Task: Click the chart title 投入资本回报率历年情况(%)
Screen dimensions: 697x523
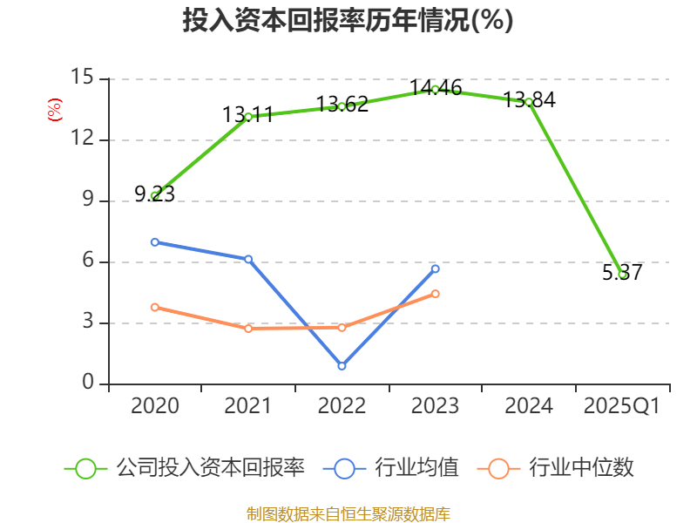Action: (348, 20)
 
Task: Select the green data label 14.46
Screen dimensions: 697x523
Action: (436, 88)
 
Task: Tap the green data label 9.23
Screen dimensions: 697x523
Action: (155, 194)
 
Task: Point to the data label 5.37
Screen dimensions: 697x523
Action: (622, 272)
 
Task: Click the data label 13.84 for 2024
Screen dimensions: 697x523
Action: (529, 99)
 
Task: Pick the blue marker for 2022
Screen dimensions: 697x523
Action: (342, 366)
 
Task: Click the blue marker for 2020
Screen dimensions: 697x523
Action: (155, 242)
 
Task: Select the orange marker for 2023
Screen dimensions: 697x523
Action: (435, 294)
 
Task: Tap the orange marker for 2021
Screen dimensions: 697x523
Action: (248, 329)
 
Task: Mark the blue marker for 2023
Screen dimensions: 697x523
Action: (435, 269)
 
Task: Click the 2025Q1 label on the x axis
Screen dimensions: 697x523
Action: (622, 406)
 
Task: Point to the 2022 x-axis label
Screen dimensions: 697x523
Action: (342, 406)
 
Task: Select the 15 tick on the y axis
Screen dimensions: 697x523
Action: (83, 77)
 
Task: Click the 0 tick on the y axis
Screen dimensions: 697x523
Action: (88, 382)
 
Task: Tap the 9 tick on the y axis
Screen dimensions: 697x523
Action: (88, 200)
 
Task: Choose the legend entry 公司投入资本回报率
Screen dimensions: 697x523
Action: (185, 468)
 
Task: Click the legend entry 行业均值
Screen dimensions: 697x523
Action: (390, 468)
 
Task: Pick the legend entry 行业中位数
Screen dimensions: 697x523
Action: (555, 468)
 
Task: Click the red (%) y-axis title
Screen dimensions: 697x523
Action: (55, 110)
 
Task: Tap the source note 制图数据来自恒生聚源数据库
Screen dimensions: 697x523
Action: (348, 514)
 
